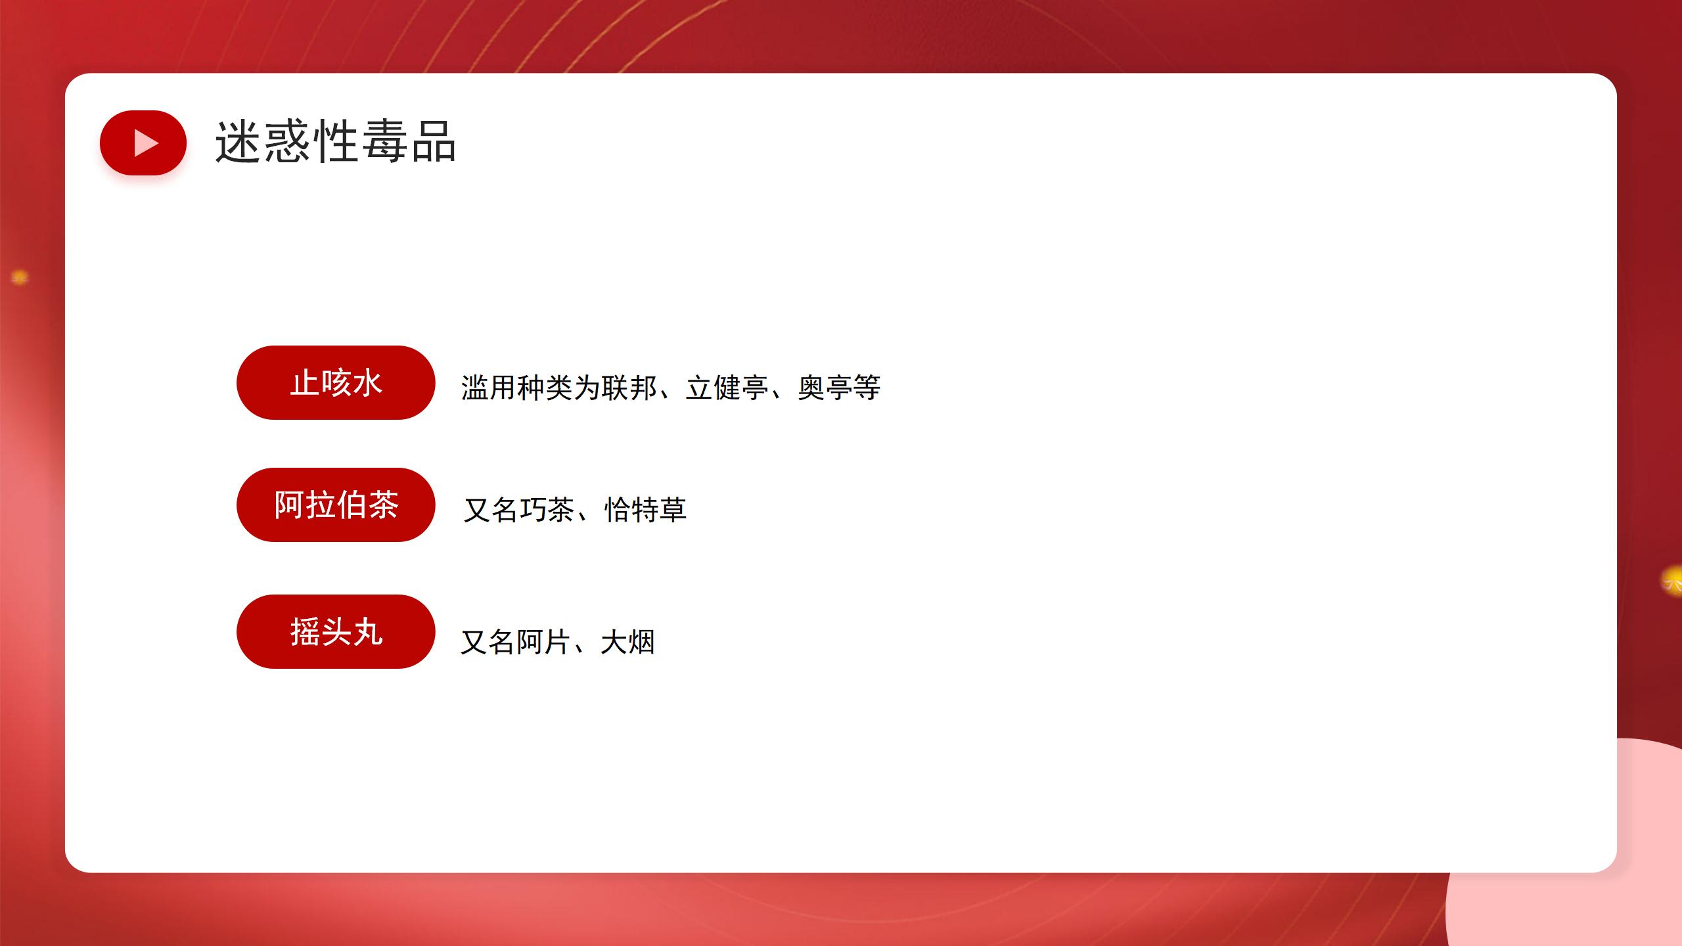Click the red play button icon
pos(143,143)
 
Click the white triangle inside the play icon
pos(147,143)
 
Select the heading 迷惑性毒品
pos(336,141)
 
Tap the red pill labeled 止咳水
pos(336,382)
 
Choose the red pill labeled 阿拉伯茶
pos(336,505)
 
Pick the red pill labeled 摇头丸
pos(336,631)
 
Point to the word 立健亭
pos(727,388)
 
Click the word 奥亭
pos(825,388)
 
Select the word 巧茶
pos(547,510)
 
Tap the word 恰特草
pos(645,510)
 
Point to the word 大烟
pos(627,642)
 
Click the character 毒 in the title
pos(384,141)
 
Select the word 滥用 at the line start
pos(488,388)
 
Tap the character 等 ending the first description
pos(867,388)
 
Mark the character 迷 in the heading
pos(239,141)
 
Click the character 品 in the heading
pos(434,141)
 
